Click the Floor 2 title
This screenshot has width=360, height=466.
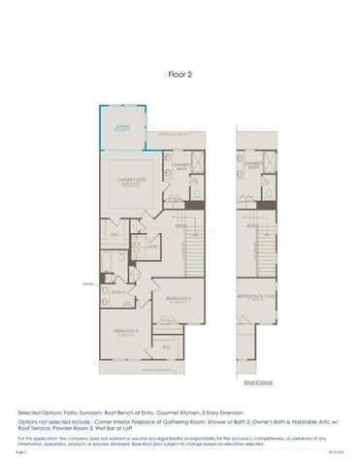180,73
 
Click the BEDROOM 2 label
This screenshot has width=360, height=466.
179,298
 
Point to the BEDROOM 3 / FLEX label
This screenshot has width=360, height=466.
253,297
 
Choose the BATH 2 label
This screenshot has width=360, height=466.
118,292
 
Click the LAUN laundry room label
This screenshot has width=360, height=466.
154,247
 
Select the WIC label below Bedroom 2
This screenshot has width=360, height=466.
166,346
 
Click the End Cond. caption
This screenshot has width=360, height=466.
256,383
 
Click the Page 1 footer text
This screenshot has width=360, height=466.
21,451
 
